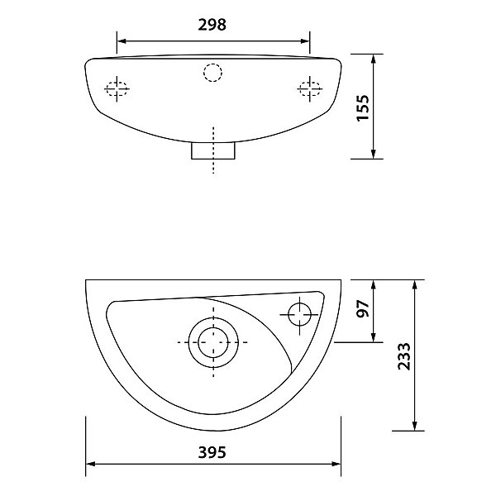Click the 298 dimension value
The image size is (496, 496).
coord(212,25)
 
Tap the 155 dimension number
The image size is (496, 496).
coord(363,107)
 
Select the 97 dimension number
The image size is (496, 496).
coord(363,308)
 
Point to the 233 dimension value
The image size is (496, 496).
coord(404,356)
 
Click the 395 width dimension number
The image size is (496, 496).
coord(212,452)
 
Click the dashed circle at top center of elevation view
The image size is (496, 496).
coord(213,73)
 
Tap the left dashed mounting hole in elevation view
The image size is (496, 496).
coord(117,88)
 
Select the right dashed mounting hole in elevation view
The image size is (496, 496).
coord(310,88)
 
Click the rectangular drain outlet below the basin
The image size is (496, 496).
coord(213,150)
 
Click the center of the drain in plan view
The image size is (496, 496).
coord(213,342)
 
